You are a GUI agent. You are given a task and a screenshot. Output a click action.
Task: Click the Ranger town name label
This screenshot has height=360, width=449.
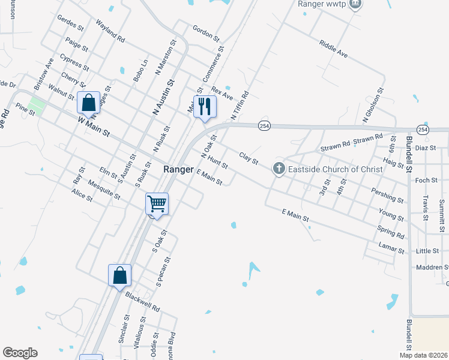point(178,170)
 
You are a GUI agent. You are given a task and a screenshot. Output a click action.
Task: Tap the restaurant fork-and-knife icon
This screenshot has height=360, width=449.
point(204,107)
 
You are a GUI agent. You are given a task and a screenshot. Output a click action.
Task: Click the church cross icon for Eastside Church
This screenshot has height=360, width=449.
point(279,169)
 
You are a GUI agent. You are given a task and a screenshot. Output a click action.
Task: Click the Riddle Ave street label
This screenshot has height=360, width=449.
point(334,49)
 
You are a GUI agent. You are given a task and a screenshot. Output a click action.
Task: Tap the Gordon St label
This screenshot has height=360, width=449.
point(205,32)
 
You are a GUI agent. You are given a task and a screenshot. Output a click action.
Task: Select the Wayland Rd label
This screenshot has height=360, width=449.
point(110,31)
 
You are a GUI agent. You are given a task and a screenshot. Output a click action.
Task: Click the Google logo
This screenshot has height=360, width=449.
point(20,353)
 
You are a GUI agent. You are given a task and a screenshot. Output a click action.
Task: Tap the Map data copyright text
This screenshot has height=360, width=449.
point(423,355)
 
